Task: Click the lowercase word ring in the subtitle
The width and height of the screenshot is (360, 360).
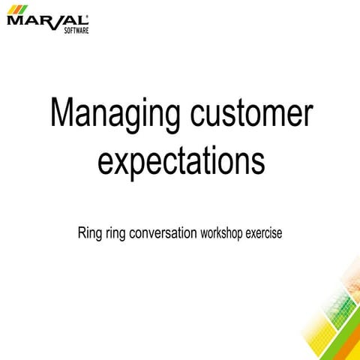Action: [118, 234]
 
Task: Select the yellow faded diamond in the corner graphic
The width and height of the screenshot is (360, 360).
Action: [318, 330]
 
